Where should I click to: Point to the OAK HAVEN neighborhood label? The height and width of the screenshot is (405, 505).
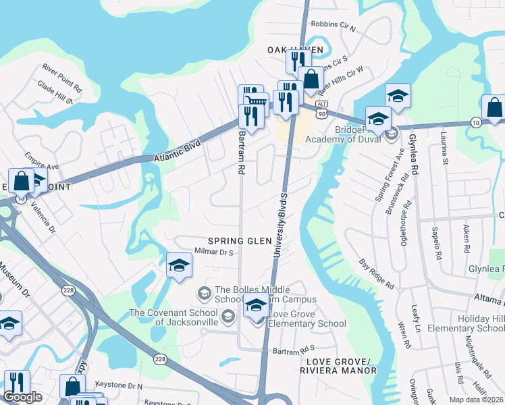pos(296,50)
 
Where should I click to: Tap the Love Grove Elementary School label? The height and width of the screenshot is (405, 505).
pos(307,319)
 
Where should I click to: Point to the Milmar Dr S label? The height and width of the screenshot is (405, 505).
pos(214,252)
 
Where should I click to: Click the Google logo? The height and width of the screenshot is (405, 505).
pos(22,397)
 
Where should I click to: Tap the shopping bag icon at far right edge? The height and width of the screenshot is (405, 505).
pos(494,107)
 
